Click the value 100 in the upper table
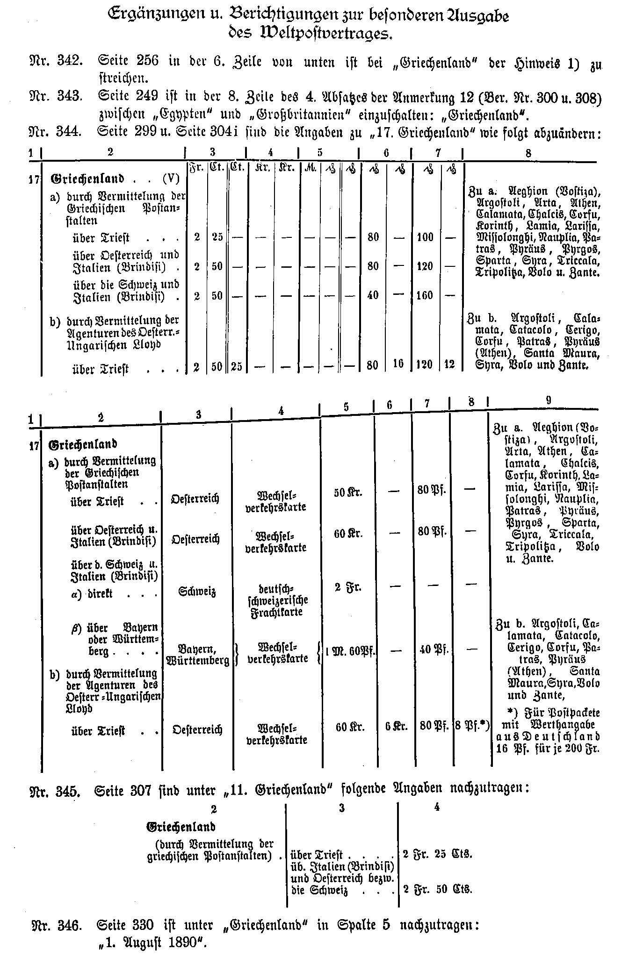point(425,237)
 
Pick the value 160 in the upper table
point(425,295)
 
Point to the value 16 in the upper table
point(398,364)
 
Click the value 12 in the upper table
point(449,364)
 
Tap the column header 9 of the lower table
point(548,400)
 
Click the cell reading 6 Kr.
point(397,727)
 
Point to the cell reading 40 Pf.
point(432,649)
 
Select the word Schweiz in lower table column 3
point(197,592)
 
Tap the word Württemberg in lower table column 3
point(197,660)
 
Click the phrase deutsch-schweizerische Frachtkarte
point(277,600)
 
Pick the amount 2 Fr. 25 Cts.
point(438,854)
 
